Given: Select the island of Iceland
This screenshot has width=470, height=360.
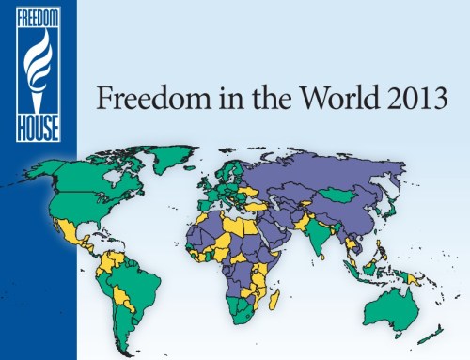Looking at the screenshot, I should pos(203,170).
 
